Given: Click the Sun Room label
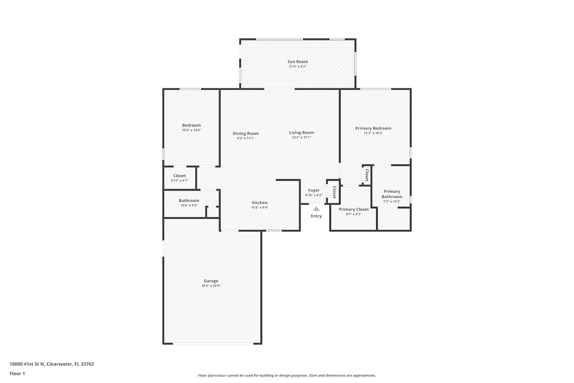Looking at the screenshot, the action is (x=297, y=62).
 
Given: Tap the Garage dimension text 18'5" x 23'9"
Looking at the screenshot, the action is (x=211, y=286).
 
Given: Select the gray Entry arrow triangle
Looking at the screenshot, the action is (x=316, y=209).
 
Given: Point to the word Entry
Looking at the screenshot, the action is (x=316, y=216).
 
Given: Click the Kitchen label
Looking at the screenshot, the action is (x=259, y=203).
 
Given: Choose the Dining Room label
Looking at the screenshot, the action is (x=246, y=133).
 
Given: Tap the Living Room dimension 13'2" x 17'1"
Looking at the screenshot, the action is (x=302, y=137).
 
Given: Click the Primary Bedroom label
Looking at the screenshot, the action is (x=373, y=128).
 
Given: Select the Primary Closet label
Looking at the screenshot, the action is (x=354, y=210).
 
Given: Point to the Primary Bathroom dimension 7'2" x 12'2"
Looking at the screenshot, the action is (x=392, y=201).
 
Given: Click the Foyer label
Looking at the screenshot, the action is (x=314, y=190).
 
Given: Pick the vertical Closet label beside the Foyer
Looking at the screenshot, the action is (x=334, y=192).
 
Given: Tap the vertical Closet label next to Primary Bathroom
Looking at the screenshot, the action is (x=367, y=175).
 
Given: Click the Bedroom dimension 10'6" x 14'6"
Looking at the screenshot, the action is (x=191, y=130).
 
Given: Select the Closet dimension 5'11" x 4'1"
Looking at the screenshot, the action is (x=179, y=181).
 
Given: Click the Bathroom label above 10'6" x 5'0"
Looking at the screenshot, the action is (x=189, y=201).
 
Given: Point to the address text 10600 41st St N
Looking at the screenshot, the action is (x=27, y=364).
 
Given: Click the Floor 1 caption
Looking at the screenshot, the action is (x=17, y=374).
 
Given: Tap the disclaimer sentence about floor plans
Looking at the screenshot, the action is (x=287, y=376).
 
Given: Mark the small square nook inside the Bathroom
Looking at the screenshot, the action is (x=213, y=212).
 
